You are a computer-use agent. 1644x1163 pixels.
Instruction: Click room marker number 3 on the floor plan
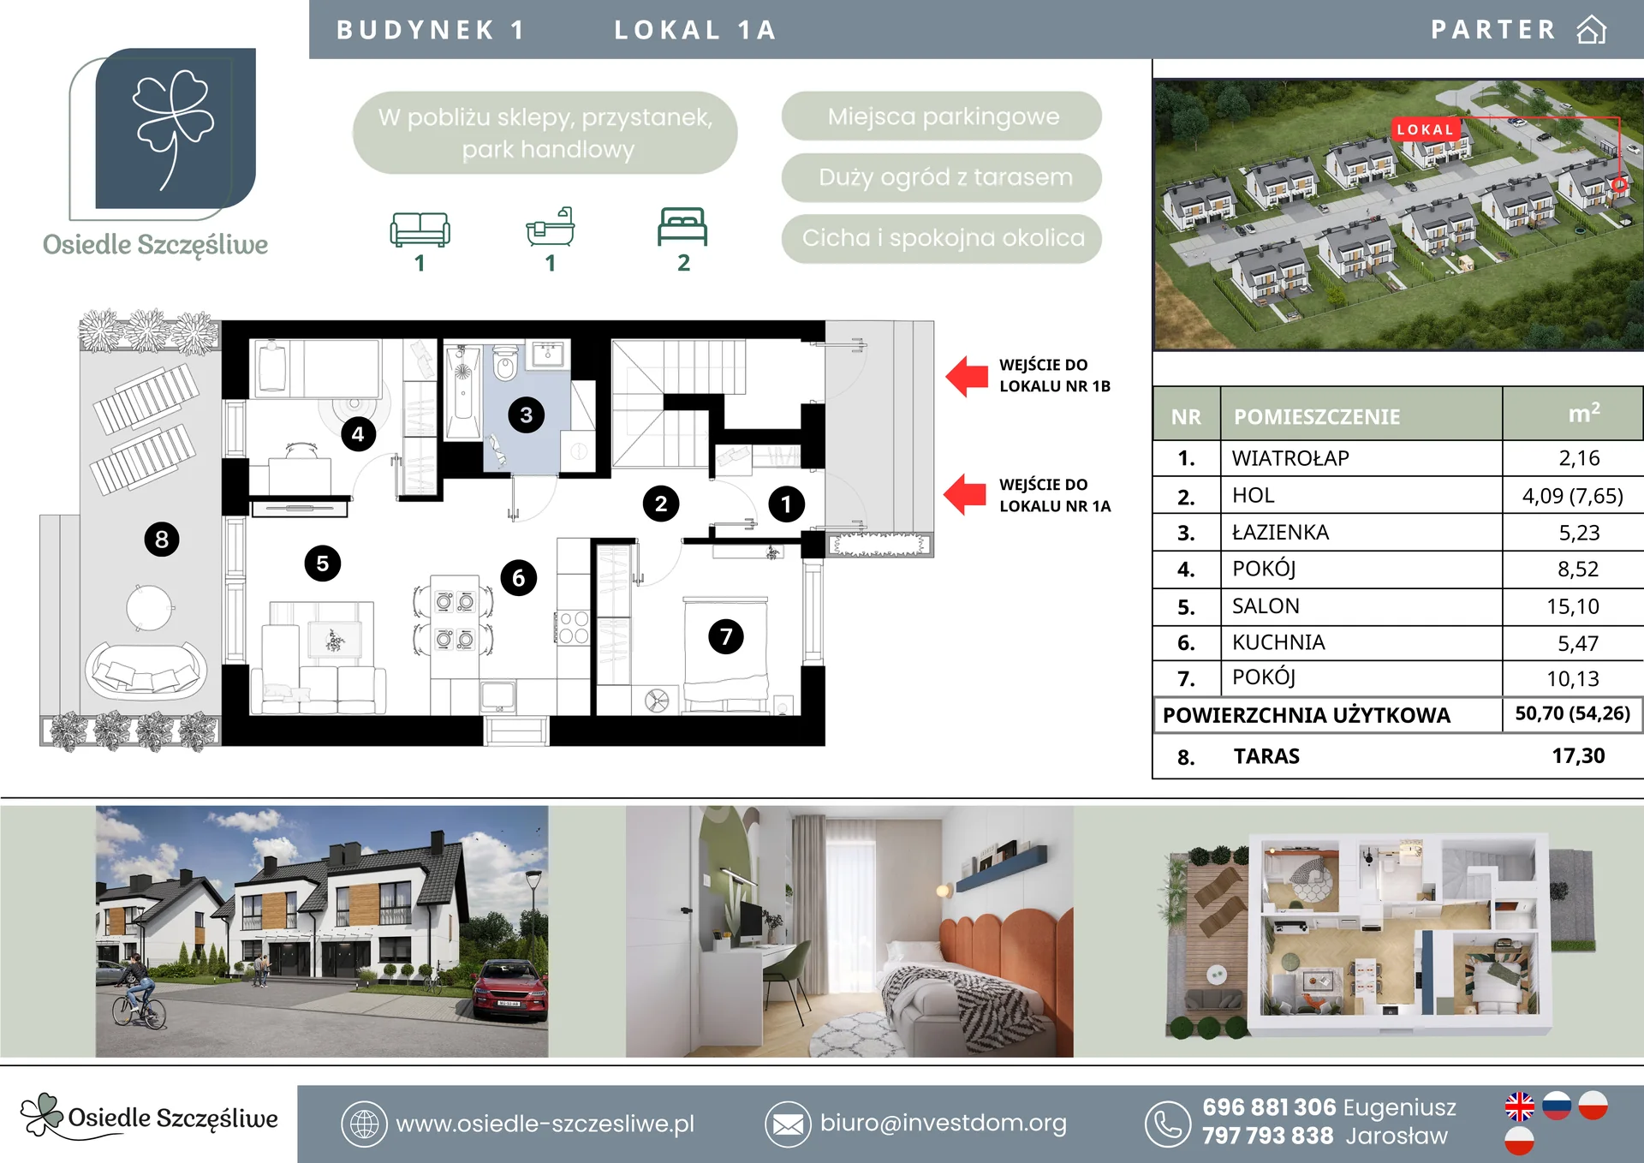(526, 415)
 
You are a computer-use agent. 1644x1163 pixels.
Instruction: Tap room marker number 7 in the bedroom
(726, 636)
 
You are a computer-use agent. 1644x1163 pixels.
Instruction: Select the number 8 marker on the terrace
(162, 540)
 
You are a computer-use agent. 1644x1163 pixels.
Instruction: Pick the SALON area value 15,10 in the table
(1573, 606)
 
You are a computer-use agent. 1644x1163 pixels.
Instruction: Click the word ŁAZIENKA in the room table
(1280, 532)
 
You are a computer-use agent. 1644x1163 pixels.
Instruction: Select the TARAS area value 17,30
(1578, 755)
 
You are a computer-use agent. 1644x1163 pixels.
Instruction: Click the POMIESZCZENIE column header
(1317, 417)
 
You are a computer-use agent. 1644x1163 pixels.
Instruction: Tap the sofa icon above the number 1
(420, 230)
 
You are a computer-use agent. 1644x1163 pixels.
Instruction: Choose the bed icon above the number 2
(682, 227)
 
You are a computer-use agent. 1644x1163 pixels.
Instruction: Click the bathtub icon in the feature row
(550, 227)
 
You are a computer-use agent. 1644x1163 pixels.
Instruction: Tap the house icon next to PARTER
(1591, 29)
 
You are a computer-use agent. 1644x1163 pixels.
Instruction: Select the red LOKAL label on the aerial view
(1426, 129)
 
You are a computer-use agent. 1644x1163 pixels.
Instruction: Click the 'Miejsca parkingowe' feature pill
(942, 116)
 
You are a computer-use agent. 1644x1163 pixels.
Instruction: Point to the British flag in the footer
(1520, 1106)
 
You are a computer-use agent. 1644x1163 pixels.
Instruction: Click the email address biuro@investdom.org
(943, 1123)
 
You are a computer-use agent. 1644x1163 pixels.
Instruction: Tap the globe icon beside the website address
(364, 1124)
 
